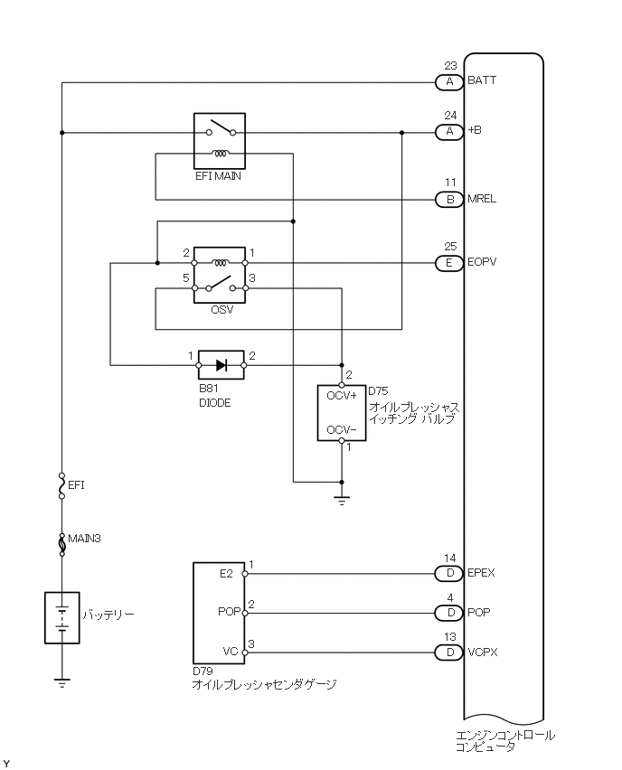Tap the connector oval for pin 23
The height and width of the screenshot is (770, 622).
point(449,82)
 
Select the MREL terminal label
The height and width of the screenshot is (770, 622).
point(482,199)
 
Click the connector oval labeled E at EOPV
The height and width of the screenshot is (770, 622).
point(449,264)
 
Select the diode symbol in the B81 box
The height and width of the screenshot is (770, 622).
point(221,365)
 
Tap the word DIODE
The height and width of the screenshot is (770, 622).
point(215,403)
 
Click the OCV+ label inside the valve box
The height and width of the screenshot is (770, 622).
point(342,396)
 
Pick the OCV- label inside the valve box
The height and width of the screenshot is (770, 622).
point(342,429)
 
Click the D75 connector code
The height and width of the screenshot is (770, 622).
point(378,391)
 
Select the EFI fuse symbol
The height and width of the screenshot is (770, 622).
point(61,485)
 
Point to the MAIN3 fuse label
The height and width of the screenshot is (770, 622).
point(84,539)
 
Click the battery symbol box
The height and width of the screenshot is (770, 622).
point(61,618)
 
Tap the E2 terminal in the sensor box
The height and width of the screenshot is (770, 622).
point(227,573)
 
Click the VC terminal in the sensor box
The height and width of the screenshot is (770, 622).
point(229,651)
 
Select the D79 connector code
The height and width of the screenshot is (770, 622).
point(203,672)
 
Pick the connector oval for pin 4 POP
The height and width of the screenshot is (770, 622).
point(449,612)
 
